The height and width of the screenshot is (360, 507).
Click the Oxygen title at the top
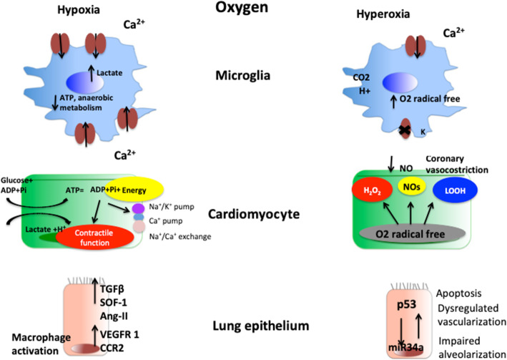252,11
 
